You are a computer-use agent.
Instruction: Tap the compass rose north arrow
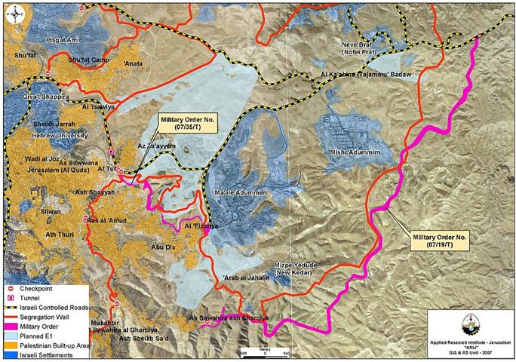click(x=10, y=10)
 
